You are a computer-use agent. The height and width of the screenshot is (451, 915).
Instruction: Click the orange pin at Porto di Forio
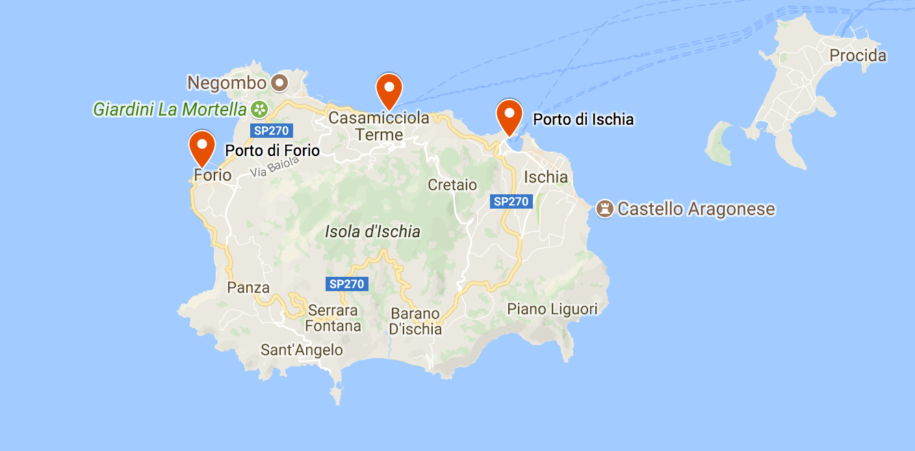pos(201,146)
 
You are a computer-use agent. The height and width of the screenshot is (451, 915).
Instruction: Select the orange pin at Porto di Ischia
pos(509,116)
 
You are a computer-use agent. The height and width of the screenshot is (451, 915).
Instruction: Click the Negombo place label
pos(227,83)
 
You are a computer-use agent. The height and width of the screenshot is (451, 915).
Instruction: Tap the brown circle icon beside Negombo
pos(280,83)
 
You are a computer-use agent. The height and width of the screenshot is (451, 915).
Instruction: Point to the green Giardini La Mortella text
pos(170,109)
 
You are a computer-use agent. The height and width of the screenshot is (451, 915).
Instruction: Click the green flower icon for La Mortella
pos(259,109)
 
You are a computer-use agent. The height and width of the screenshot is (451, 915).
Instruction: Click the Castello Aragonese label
pos(696,209)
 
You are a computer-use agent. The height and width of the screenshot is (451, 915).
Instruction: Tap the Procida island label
pos(858,56)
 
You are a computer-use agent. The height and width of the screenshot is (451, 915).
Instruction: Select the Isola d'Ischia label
pos(372,232)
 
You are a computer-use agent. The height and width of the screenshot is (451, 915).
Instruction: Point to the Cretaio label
pos(452,185)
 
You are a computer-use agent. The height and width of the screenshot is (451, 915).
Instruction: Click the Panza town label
pos(248,287)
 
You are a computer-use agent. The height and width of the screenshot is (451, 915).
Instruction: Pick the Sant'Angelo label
pos(302,350)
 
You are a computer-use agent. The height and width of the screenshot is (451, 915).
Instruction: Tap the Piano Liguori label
pos(552,309)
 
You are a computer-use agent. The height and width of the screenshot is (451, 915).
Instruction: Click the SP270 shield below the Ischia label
pos(511,201)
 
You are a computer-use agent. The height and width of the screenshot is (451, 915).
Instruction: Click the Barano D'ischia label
pos(415,321)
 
